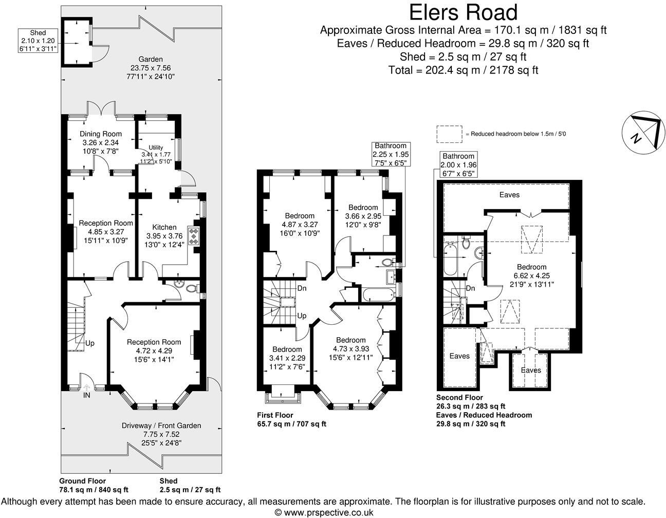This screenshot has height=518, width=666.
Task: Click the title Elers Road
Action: click(x=463, y=12)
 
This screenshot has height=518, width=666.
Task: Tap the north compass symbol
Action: click(x=643, y=133)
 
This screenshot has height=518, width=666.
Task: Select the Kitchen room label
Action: click(x=164, y=227)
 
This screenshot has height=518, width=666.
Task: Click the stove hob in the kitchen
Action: click(x=194, y=236)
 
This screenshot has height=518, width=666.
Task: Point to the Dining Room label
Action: click(x=101, y=134)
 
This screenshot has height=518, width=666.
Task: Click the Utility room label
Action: click(x=156, y=147)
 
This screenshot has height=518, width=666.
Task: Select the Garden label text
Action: click(x=151, y=59)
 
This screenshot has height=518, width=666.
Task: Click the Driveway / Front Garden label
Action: click(x=161, y=425)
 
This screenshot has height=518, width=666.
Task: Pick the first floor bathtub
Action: click(x=378, y=295)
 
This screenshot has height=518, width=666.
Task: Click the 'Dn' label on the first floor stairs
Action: click(x=302, y=288)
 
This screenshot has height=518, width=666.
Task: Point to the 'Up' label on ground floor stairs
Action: click(x=90, y=343)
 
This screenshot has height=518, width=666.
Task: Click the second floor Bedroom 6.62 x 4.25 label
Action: click(x=532, y=275)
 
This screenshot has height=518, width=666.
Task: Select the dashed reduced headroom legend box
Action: click(x=449, y=134)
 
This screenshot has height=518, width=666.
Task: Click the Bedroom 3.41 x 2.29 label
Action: click(x=287, y=358)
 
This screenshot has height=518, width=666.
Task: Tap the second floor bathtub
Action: click(x=450, y=258)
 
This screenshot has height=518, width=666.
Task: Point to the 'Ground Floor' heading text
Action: click(x=82, y=481)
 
